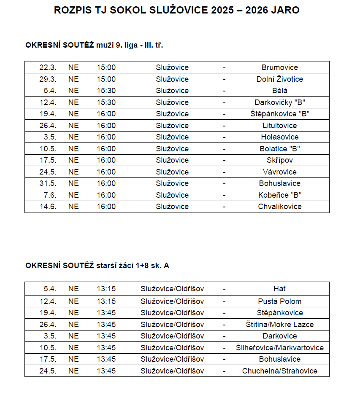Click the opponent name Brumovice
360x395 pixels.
[x=279, y=67]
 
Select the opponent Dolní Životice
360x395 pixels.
[x=279, y=79]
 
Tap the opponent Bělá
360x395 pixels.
[x=279, y=91]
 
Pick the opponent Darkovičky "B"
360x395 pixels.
[x=279, y=102]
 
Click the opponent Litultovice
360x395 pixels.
[x=279, y=126]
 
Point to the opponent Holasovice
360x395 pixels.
[x=279, y=137]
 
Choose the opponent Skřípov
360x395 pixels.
[x=279, y=160]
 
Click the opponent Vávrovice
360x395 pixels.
[x=279, y=172]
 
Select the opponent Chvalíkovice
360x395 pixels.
[x=279, y=207]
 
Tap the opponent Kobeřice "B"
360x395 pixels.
[x=279, y=195]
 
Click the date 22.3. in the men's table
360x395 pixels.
[x=48, y=67]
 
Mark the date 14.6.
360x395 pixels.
[x=48, y=207]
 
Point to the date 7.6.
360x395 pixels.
[x=50, y=195]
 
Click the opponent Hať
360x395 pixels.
[x=279, y=289]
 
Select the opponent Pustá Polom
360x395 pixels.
[x=279, y=301]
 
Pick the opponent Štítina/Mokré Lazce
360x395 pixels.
[x=279, y=325]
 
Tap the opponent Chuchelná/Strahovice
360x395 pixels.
[x=279, y=371]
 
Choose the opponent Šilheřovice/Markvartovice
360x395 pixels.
[x=279, y=348]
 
